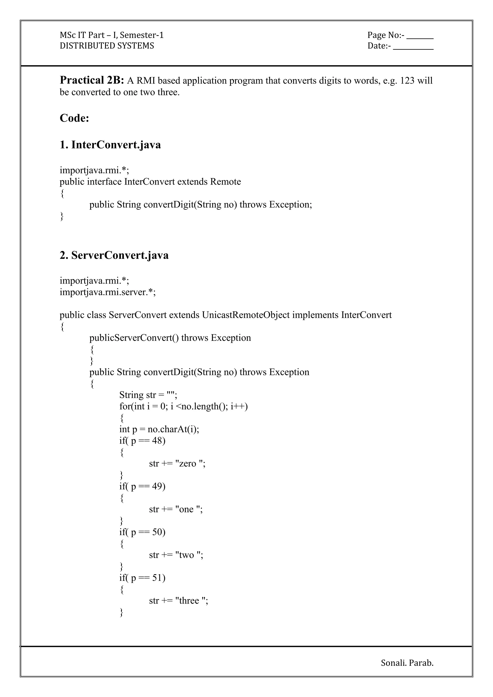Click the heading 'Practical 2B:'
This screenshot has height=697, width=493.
point(92,80)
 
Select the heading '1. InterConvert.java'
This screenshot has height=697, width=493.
point(110,145)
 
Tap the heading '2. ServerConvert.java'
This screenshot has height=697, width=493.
point(114,255)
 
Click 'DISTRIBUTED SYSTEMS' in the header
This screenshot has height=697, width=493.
point(107,46)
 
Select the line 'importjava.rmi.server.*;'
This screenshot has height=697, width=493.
point(107,292)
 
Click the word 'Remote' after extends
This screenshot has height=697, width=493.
point(226,182)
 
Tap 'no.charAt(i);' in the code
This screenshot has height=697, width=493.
point(173,429)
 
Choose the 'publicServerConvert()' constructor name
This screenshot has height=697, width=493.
point(134,338)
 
